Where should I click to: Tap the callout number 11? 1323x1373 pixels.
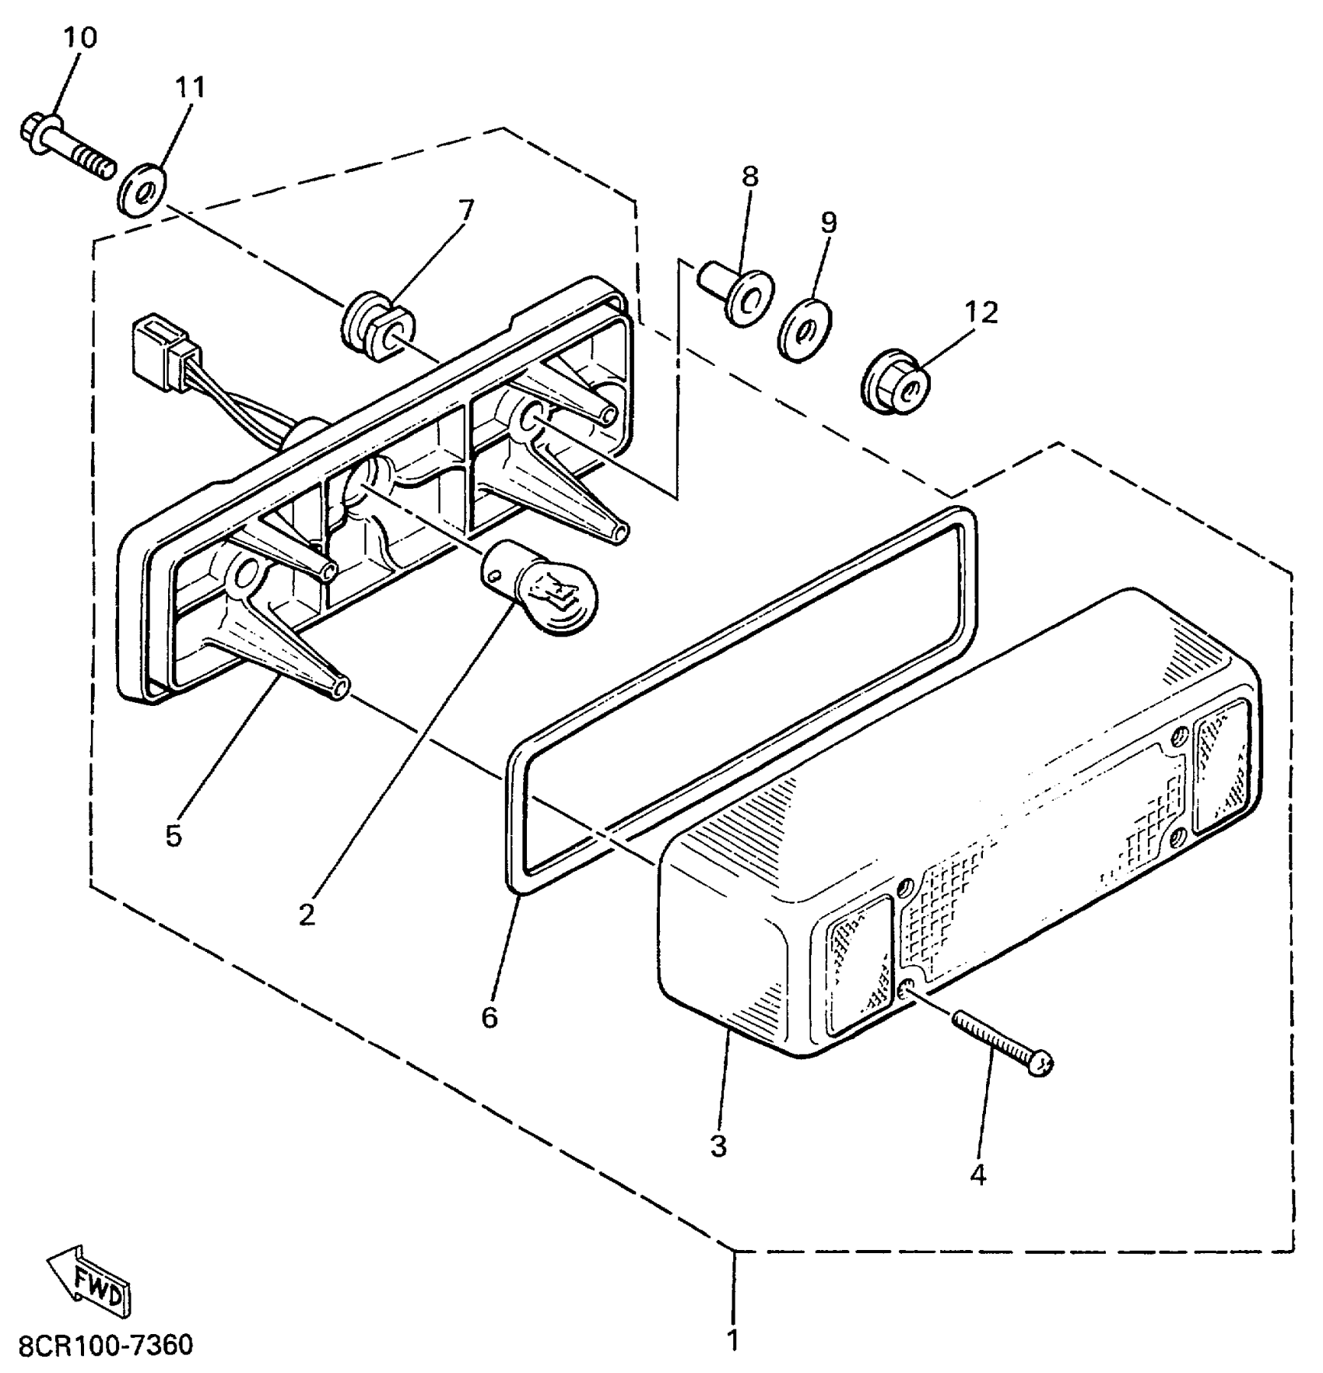190,87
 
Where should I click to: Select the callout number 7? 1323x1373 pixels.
465,209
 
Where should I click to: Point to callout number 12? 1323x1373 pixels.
981,312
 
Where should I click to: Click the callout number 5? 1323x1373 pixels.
173,836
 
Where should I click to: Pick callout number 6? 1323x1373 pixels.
489,1017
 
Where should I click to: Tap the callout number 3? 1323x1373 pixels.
718,1146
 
